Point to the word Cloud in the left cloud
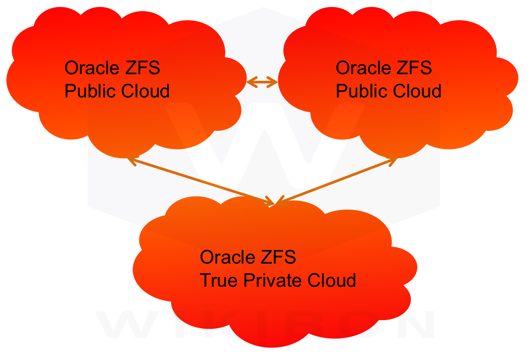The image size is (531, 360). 146,91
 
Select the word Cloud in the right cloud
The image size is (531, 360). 417,91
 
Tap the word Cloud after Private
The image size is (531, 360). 332,280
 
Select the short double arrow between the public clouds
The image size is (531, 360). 262,81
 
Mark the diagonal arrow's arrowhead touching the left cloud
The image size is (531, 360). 131,161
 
